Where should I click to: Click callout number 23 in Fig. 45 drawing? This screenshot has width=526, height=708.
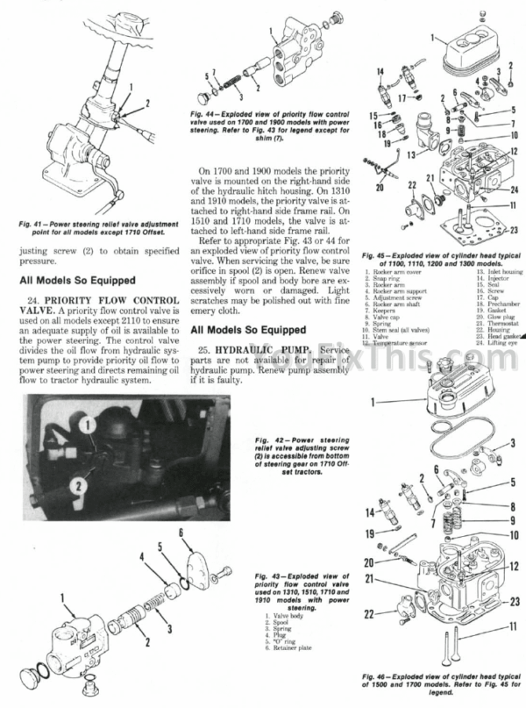pyautogui.click(x=516, y=231)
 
